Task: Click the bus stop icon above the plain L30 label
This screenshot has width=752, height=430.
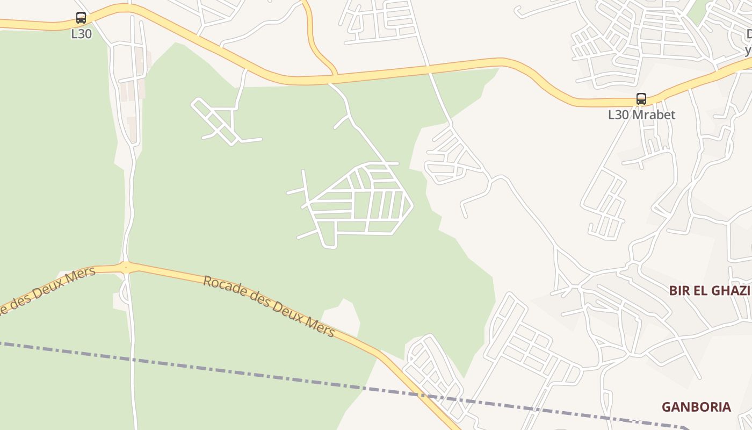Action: click(x=81, y=18)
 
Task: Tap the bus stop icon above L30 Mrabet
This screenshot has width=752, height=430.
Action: click(x=641, y=99)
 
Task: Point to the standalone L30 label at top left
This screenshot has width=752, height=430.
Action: click(x=81, y=34)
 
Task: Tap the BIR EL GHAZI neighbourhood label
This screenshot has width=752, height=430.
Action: click(x=709, y=291)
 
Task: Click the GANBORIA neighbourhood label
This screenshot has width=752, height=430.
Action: click(x=696, y=407)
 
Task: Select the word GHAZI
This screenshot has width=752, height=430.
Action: click(x=730, y=291)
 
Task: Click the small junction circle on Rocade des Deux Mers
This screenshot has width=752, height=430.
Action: click(x=126, y=266)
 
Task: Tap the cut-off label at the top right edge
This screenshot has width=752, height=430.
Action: click(x=748, y=42)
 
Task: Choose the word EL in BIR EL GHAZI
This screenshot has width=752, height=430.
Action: click(x=701, y=291)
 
